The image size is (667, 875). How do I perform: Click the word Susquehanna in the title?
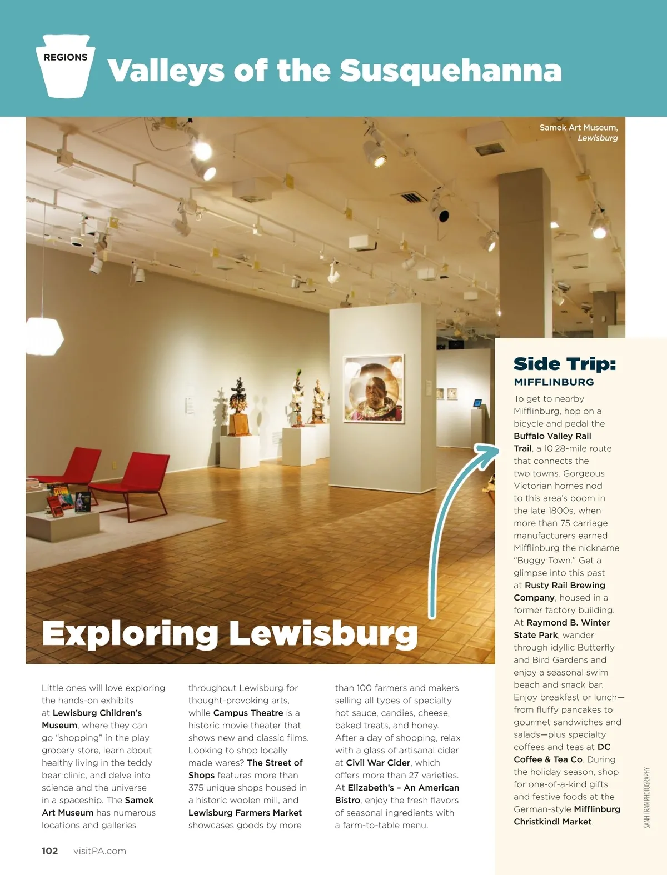coord(450,71)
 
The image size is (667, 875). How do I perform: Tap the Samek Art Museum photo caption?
coord(579,132)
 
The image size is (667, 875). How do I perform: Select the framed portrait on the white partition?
coord(374,389)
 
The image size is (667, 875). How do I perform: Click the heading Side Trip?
coord(565,364)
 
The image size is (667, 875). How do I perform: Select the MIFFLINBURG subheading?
coord(554,382)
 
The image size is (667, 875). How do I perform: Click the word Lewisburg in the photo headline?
coord(323,634)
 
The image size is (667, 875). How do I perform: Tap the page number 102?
coord(50,851)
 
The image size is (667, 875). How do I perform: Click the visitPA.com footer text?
coord(99,851)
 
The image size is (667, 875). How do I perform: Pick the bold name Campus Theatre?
coord(248,713)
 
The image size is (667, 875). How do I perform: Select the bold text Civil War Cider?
coord(378,763)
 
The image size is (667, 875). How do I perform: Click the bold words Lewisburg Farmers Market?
coord(245,813)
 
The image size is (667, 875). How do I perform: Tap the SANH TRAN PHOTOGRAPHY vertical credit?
coord(646,798)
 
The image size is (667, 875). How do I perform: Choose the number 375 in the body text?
coord(197,788)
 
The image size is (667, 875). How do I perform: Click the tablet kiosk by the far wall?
coord(477,403)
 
